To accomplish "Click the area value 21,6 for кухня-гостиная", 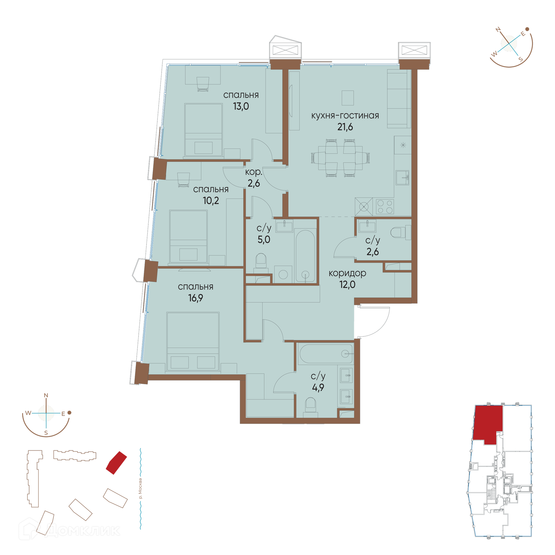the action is click(345, 127).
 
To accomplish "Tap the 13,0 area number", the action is click(241, 106).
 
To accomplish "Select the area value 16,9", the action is click(196, 298).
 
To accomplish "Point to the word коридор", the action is click(347, 273).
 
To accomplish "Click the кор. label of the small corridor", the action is click(254, 172).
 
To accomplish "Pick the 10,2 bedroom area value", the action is click(211, 201).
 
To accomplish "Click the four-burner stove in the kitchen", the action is click(385, 206).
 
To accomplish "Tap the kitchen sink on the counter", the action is click(402, 177).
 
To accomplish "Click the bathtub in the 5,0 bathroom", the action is click(305, 256).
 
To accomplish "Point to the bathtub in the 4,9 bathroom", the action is click(326, 353).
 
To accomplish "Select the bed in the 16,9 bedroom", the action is click(193, 341).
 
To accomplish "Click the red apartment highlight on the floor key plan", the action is click(488, 424).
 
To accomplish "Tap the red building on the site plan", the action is click(116, 463).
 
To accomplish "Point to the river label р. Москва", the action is click(140, 489).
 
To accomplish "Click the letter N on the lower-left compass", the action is click(46, 395).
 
